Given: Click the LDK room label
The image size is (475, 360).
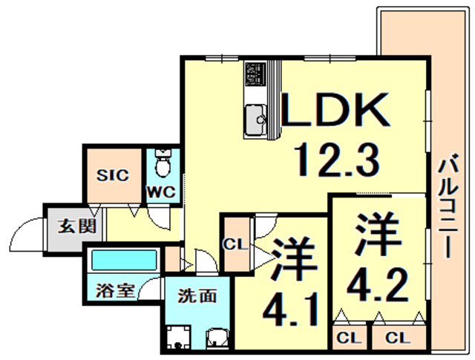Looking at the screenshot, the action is tap(335, 109).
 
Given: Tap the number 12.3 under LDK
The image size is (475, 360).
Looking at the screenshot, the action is tap(336, 160).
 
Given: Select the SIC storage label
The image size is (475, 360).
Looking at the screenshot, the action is tap(112, 175).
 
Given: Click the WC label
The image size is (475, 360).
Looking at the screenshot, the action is tap(162, 192).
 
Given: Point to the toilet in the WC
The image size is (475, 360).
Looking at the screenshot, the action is tap(163, 163).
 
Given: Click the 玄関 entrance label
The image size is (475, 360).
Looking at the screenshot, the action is tap(77, 226).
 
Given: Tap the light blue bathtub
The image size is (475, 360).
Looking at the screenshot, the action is tap(124, 260).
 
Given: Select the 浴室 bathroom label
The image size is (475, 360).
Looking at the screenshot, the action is tap(115, 290).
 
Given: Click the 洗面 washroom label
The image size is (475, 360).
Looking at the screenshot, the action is tap(197, 295).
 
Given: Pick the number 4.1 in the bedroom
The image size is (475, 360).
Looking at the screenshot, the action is tap(290, 309).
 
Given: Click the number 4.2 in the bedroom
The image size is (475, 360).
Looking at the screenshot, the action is tap(379, 285).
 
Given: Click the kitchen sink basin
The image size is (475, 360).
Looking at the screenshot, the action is tap(255, 120).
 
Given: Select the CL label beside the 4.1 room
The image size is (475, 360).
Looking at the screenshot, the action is tap(235, 244).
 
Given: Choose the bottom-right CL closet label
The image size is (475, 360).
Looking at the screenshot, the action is tap(398, 337).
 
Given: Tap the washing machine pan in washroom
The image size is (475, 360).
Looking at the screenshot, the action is tap(178, 337).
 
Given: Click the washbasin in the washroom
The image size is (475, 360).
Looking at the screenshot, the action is tap(217, 338).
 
